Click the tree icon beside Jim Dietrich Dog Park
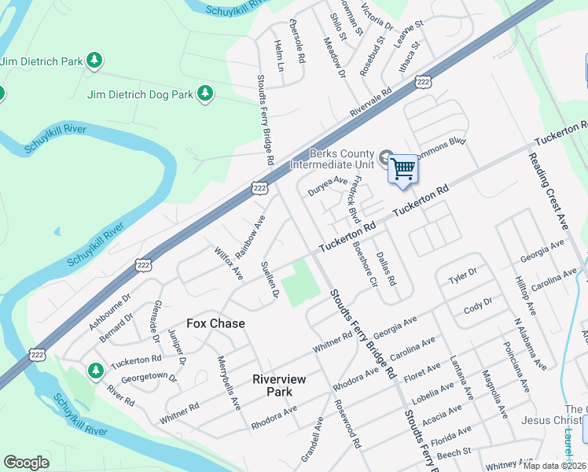[x=206, y=94]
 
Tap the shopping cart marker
[x=402, y=168]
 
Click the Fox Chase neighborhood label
[x=215, y=323]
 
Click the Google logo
[x=27, y=463]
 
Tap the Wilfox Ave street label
[x=229, y=264]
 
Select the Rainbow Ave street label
[x=251, y=234]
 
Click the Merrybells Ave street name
[x=229, y=382]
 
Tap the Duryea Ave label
[x=327, y=186]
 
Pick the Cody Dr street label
[x=478, y=305]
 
